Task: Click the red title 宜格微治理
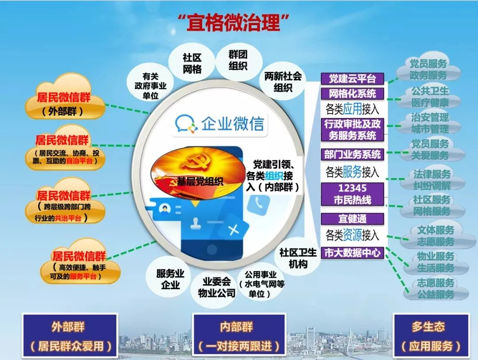click(x=233, y=22)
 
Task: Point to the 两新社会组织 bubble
click(x=282, y=81)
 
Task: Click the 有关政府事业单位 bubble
click(x=150, y=86)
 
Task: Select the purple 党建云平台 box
click(x=352, y=79)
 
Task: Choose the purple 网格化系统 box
click(x=352, y=93)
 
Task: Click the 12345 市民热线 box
click(x=352, y=194)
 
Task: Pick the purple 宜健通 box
click(x=352, y=219)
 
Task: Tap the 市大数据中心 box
click(x=352, y=252)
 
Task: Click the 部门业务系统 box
click(x=352, y=155)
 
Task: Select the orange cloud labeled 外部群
click(x=65, y=97)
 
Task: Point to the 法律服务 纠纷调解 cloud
click(x=432, y=179)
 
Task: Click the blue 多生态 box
click(x=431, y=335)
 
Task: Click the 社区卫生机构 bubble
click(x=298, y=258)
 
